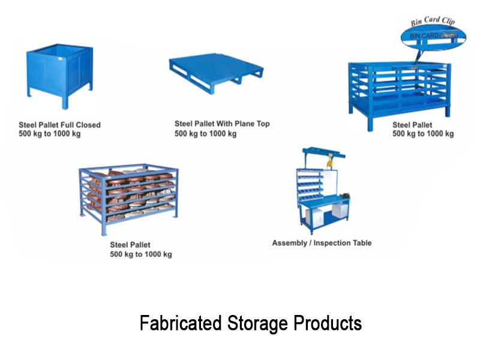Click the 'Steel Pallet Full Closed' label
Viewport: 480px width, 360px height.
[x=59, y=125]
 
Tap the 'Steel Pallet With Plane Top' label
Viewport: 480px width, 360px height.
[x=222, y=124]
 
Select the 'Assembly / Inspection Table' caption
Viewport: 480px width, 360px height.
[x=322, y=243]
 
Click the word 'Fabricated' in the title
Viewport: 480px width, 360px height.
[x=181, y=323]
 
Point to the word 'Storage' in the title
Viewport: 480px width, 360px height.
[x=257, y=323]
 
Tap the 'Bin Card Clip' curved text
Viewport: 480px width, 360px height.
[x=433, y=21]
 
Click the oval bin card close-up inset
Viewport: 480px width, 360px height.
[x=433, y=37]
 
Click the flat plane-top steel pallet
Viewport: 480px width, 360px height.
[x=216, y=73]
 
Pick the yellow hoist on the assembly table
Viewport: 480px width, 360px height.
[x=329, y=161]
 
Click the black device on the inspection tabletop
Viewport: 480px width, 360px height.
[x=346, y=196]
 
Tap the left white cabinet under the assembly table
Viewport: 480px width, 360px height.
[x=314, y=218]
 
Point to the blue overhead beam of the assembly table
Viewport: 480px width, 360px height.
[x=323, y=152]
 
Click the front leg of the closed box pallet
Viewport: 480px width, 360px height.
[x=65, y=102]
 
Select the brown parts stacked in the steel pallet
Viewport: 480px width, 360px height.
[x=131, y=194]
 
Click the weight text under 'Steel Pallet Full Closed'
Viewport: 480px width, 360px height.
[x=50, y=134]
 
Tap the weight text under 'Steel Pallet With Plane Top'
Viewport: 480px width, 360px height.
[x=205, y=134]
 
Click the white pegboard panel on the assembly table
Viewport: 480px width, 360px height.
[x=330, y=184]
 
